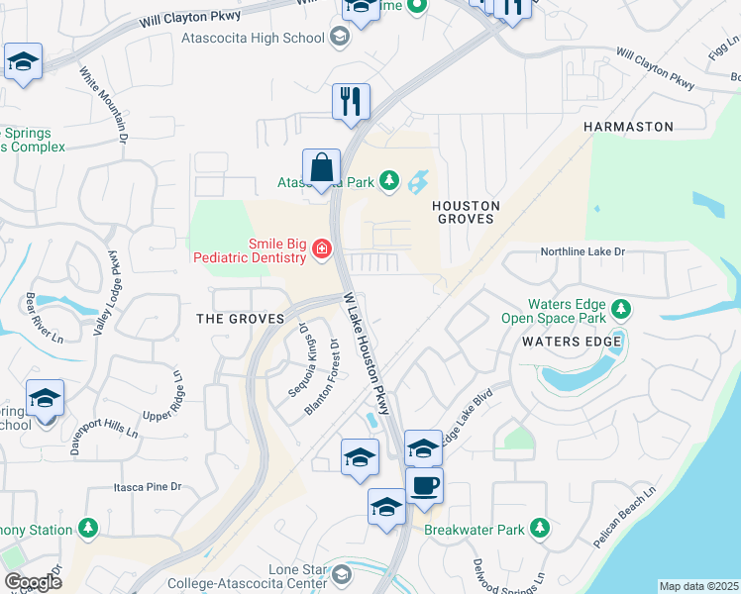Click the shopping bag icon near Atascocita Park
click(322, 169)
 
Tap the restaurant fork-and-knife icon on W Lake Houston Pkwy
click(351, 103)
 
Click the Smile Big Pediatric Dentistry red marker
click(321, 249)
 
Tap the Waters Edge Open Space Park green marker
click(620, 310)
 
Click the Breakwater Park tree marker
click(539, 529)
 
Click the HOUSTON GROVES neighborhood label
click(464, 212)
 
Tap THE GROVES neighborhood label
click(241, 319)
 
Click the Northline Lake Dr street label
click(582, 252)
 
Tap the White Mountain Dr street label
click(104, 106)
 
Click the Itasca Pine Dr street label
click(143, 486)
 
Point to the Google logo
click(33, 581)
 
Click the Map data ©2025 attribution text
click(698, 586)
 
